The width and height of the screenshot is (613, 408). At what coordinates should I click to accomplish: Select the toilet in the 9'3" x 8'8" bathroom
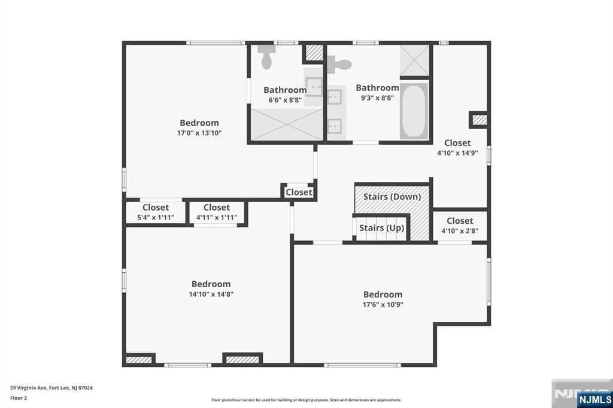click(x=339, y=65)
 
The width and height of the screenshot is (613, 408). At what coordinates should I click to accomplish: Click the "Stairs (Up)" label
click(x=381, y=227)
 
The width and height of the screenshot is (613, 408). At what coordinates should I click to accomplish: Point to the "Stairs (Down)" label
click(x=392, y=196)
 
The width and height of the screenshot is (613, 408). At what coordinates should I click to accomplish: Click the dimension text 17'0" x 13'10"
click(x=199, y=133)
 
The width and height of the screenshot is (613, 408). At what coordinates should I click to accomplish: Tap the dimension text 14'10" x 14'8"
click(x=211, y=294)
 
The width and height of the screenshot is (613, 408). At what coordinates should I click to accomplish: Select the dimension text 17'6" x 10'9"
click(x=383, y=305)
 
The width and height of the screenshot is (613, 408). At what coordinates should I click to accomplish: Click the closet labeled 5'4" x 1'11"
click(x=156, y=212)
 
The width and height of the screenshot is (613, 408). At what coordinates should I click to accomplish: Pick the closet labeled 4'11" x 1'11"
click(x=217, y=212)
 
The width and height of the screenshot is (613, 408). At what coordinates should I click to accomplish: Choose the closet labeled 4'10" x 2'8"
click(x=460, y=226)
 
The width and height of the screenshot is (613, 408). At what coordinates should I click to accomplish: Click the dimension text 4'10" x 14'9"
click(x=457, y=153)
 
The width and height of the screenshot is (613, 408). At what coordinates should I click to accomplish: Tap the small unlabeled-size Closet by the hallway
click(x=299, y=192)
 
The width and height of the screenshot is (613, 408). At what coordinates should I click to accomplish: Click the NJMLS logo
click(x=594, y=400)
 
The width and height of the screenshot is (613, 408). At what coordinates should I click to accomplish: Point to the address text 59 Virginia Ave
click(x=29, y=388)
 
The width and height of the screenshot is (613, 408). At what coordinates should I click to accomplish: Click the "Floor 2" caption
click(x=19, y=398)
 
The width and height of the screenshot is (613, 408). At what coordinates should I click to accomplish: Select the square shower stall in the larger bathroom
click(x=414, y=60)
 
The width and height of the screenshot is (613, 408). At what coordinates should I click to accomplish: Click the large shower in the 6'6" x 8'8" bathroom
click(x=287, y=124)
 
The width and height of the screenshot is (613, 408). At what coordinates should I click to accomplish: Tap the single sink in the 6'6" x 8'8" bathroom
click(x=314, y=87)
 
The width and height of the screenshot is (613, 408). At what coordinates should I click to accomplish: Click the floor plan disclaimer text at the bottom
click(x=306, y=400)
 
